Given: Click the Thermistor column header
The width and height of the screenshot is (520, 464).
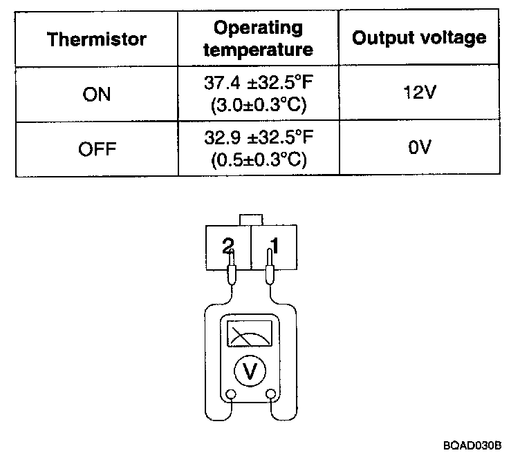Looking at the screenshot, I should pyautogui.click(x=97, y=39).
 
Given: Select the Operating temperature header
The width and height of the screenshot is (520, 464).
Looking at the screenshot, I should pyautogui.click(x=258, y=39).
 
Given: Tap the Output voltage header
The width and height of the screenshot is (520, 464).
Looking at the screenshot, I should pyautogui.click(x=419, y=38).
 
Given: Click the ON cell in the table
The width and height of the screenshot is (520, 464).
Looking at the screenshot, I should pyautogui.click(x=97, y=94).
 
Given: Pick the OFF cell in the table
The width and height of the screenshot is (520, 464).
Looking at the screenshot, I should pyautogui.click(x=97, y=148).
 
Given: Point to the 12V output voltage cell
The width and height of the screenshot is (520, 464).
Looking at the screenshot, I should pyautogui.click(x=419, y=93).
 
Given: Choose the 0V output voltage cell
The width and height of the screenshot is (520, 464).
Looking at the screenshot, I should pyautogui.click(x=419, y=148).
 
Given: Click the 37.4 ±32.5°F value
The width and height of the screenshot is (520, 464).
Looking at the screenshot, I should pyautogui.click(x=258, y=84).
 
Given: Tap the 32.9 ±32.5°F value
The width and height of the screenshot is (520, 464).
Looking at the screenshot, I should pyautogui.click(x=258, y=138).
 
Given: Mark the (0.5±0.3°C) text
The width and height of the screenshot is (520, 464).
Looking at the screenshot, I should pyautogui.click(x=258, y=159).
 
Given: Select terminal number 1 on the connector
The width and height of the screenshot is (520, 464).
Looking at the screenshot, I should pyautogui.click(x=275, y=246).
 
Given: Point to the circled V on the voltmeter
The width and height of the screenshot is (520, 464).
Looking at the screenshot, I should pyautogui.click(x=250, y=372).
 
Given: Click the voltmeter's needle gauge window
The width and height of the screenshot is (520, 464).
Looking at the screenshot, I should pyautogui.click(x=250, y=337).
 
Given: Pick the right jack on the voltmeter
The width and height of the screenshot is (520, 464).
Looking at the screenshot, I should pyautogui.click(x=271, y=395).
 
